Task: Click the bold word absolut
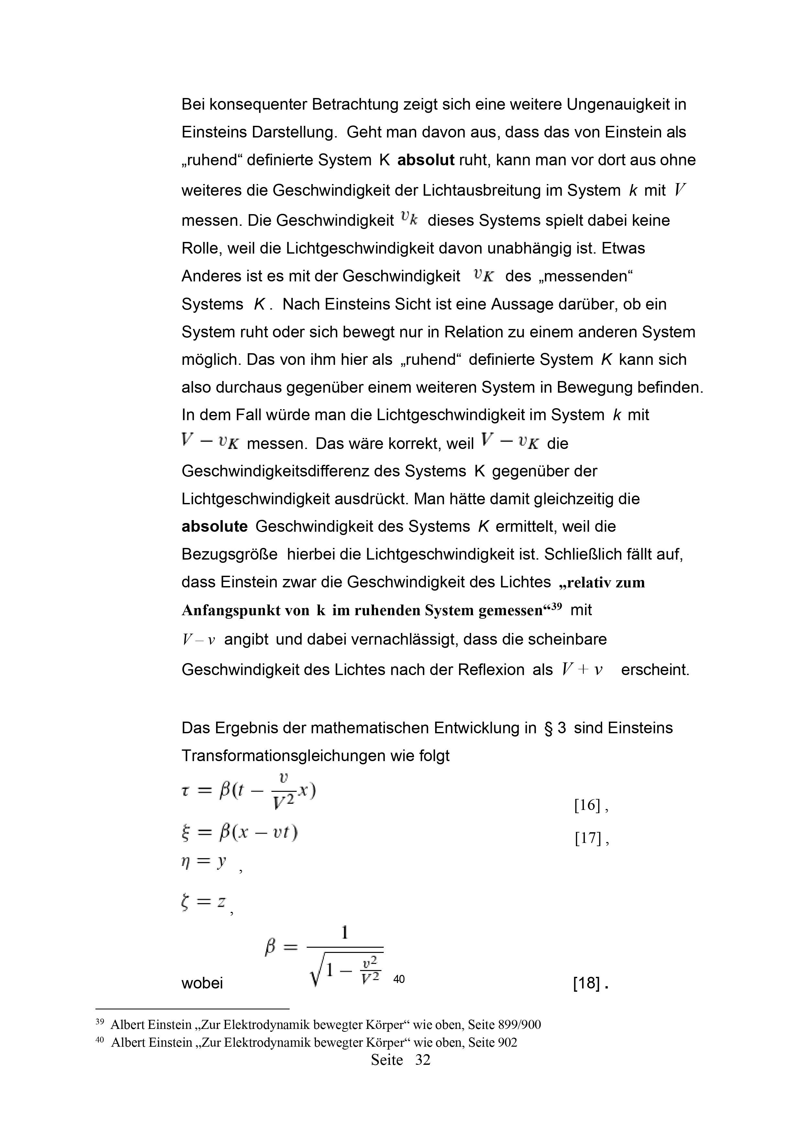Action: (x=426, y=160)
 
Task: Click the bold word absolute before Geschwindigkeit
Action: (x=214, y=527)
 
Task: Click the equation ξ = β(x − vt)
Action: (x=239, y=834)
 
